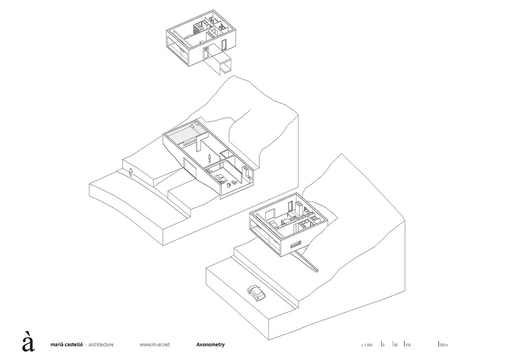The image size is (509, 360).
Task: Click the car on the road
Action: pyautogui.click(x=256, y=293)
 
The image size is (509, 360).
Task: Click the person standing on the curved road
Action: pyautogui.click(x=131, y=172)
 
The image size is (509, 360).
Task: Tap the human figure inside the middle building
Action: pyautogui.click(x=210, y=158)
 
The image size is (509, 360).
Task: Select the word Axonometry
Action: pyautogui.click(x=210, y=345)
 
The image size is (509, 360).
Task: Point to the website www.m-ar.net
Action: pyautogui.click(x=155, y=345)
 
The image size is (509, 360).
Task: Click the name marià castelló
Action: pyautogui.click(x=67, y=345)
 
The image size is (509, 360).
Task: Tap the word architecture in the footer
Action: pyautogui.click(x=101, y=345)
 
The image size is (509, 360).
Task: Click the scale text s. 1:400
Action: pyautogui.click(x=367, y=345)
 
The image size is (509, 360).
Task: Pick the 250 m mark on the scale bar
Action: pyautogui.click(x=443, y=344)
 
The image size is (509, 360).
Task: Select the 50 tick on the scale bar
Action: pyautogui.click(x=395, y=344)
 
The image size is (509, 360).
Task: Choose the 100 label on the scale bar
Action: pyautogui.click(x=408, y=344)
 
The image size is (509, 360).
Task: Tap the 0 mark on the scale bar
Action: pyautogui.click(x=383, y=344)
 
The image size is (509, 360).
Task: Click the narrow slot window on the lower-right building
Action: pyautogui.click(x=296, y=244)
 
